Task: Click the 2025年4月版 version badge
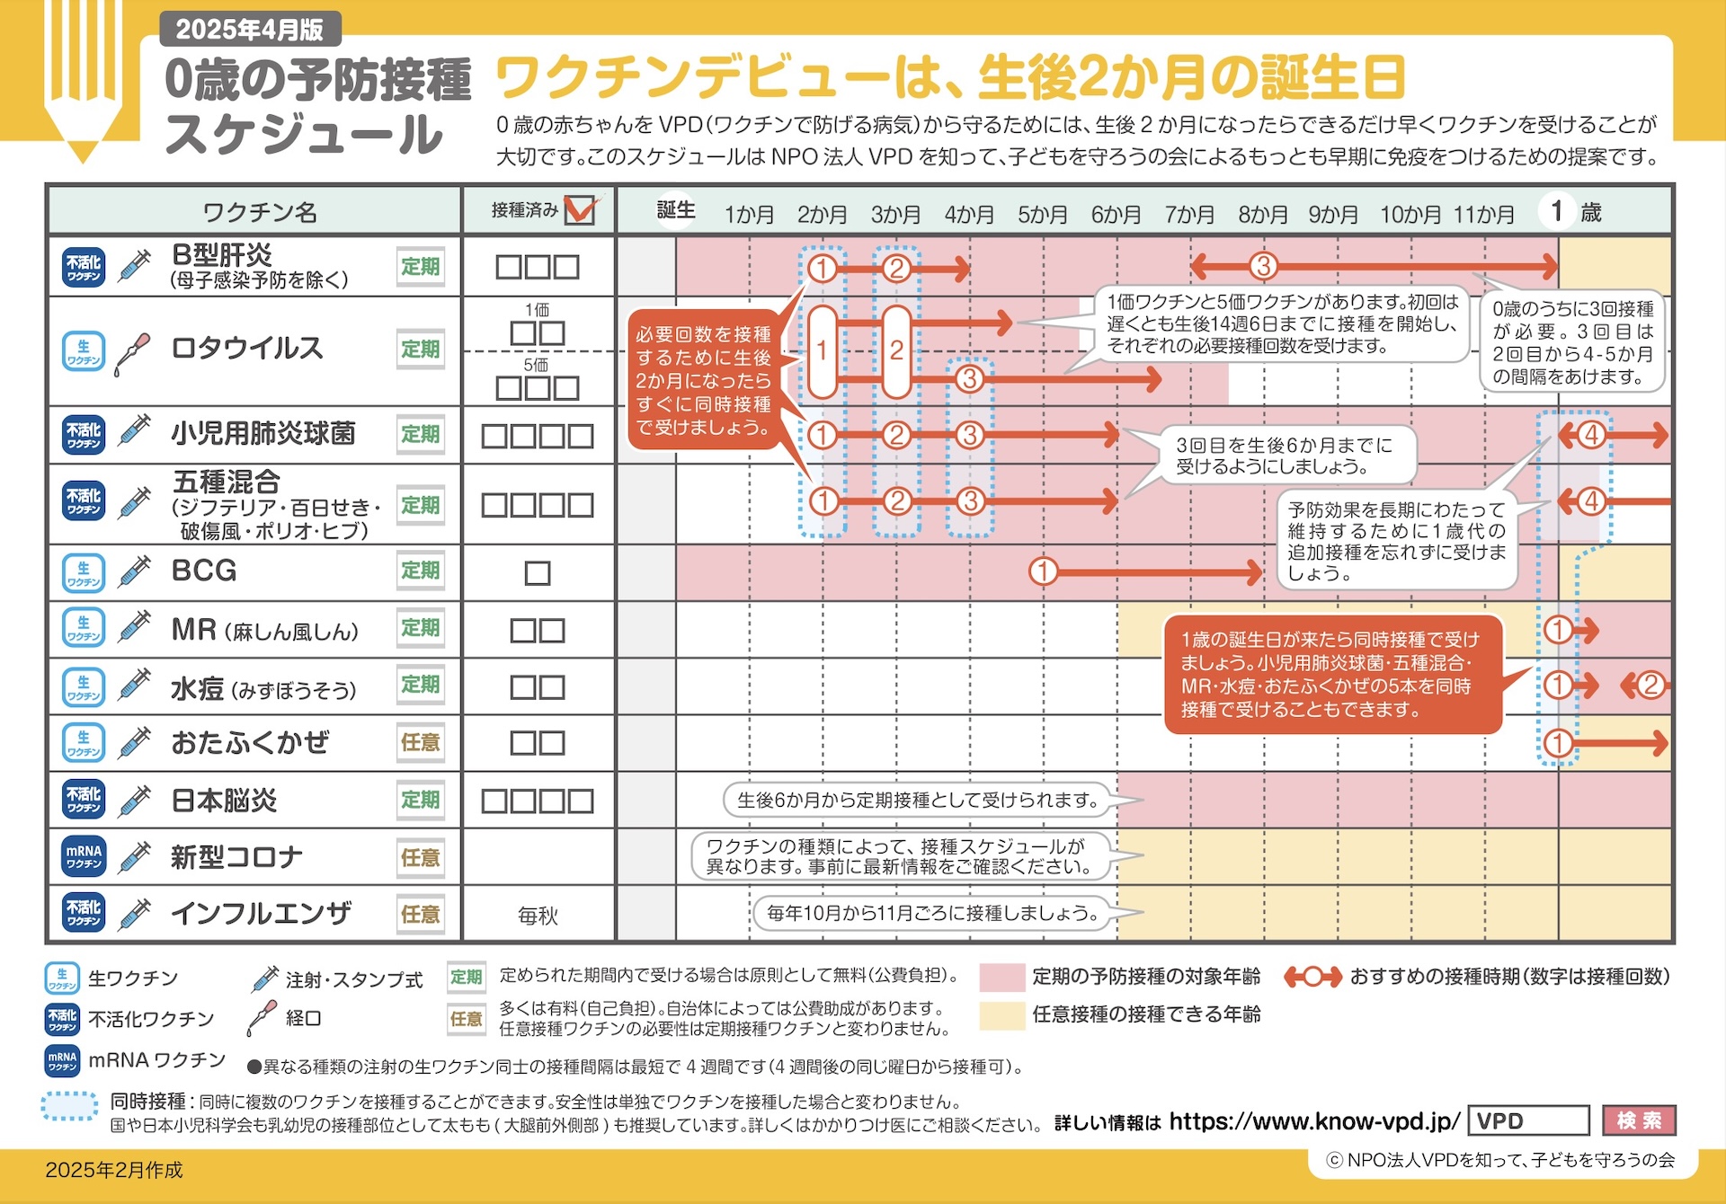tap(250, 29)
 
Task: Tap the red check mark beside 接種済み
tap(583, 208)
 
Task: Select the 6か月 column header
tap(1116, 214)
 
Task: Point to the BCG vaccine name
tap(204, 571)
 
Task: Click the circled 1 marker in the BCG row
tap(1043, 571)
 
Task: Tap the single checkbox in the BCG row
tap(538, 573)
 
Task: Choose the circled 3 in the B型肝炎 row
tap(1263, 266)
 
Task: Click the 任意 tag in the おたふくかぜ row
tap(421, 742)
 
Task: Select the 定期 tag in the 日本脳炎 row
tap(421, 800)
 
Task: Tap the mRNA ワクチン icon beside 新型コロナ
tap(84, 857)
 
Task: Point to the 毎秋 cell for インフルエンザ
tap(538, 916)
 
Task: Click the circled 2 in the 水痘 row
tap(1650, 686)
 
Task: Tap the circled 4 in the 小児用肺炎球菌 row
tap(1591, 435)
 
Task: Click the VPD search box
tap(1528, 1121)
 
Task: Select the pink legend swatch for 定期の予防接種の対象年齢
tap(1002, 977)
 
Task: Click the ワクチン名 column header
tap(260, 212)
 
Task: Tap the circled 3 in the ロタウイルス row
tap(969, 379)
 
